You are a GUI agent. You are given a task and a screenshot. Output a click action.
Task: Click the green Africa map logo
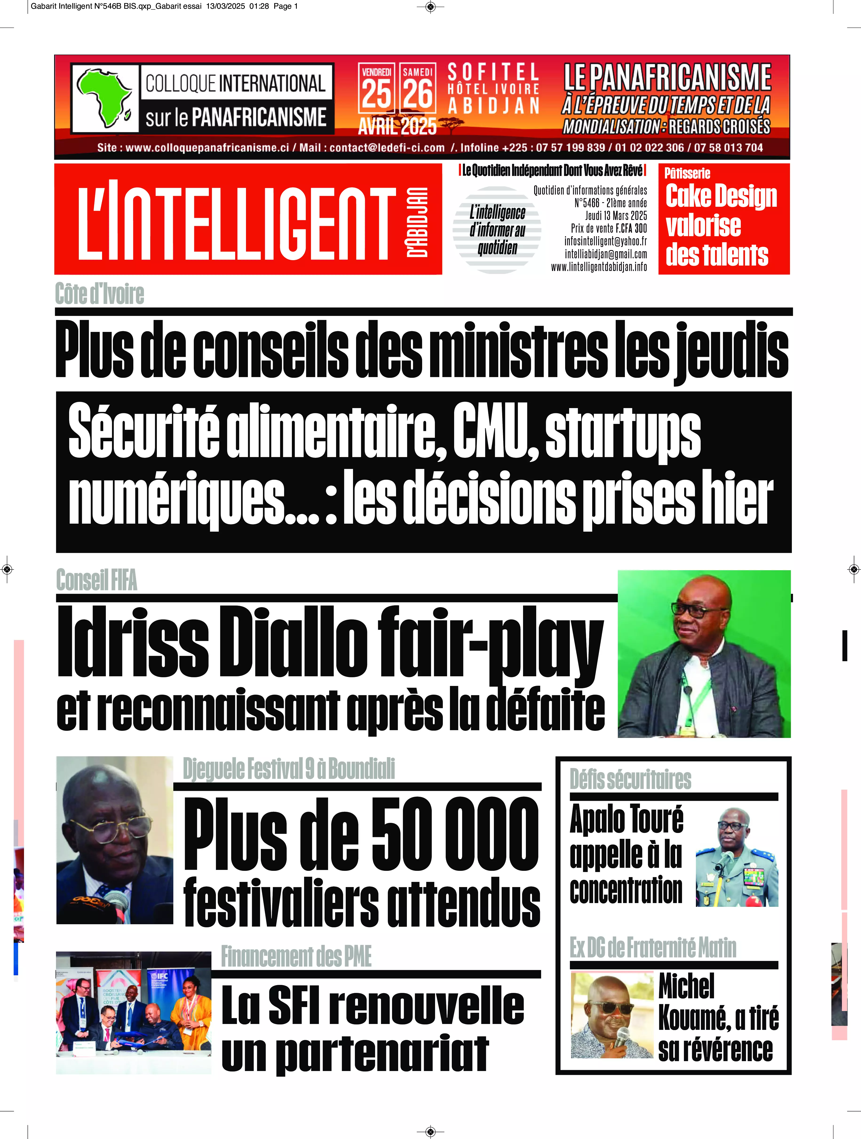coord(103,98)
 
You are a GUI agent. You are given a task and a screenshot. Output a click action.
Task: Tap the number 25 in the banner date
coord(377,94)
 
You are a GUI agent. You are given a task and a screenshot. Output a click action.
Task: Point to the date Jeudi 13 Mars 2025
coord(616,216)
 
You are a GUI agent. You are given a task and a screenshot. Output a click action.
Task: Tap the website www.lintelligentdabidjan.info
coord(599,267)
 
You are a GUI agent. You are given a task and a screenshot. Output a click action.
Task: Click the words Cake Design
coord(721,196)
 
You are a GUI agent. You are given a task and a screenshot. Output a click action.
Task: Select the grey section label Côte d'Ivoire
coord(99,294)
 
